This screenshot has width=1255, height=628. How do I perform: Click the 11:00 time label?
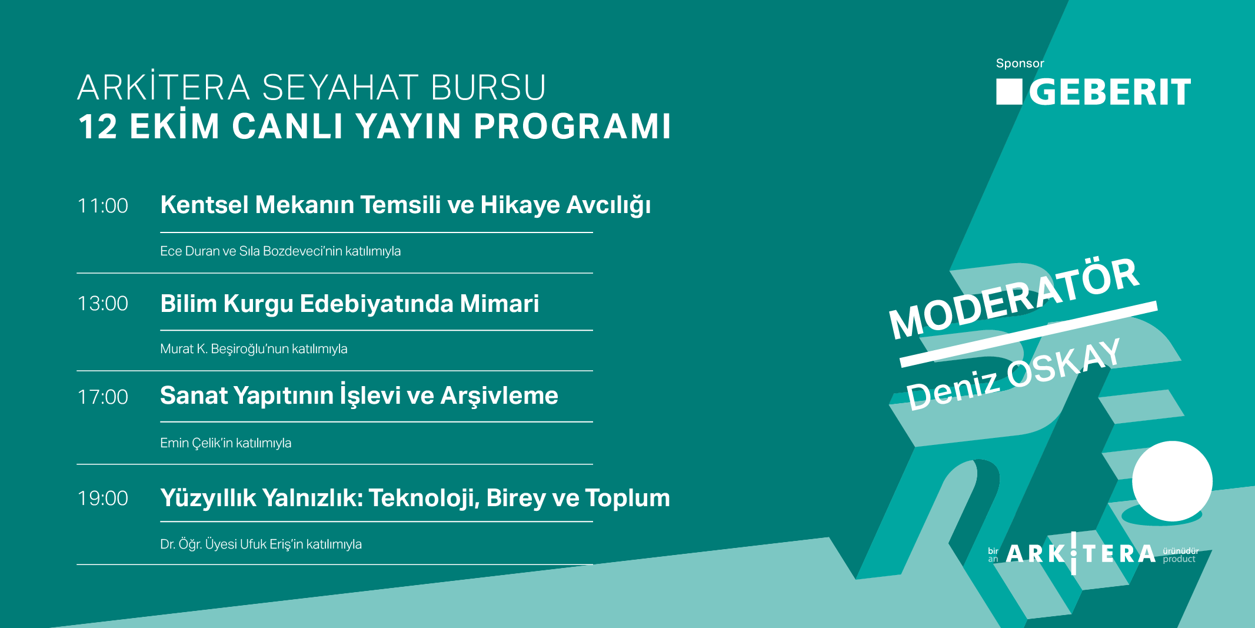click(x=103, y=206)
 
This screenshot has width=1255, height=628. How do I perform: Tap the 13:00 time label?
click(x=103, y=304)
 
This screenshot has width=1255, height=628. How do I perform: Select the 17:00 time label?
click(x=103, y=397)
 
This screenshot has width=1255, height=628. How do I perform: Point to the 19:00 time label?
click(x=103, y=499)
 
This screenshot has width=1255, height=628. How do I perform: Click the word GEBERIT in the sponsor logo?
click(x=1110, y=92)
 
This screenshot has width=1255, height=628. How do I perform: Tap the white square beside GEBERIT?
click(x=1009, y=92)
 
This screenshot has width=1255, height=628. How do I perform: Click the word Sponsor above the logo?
click(x=1020, y=64)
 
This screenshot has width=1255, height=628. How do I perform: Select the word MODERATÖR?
click(x=1014, y=298)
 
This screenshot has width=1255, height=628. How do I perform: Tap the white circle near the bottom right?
click(x=1172, y=481)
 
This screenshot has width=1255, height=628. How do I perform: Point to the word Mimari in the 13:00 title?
click(x=500, y=304)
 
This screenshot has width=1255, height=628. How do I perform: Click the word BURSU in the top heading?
click(x=488, y=88)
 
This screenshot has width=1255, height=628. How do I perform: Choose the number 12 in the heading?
click(x=98, y=127)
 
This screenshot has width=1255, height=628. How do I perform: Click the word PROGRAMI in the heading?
click(x=572, y=126)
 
